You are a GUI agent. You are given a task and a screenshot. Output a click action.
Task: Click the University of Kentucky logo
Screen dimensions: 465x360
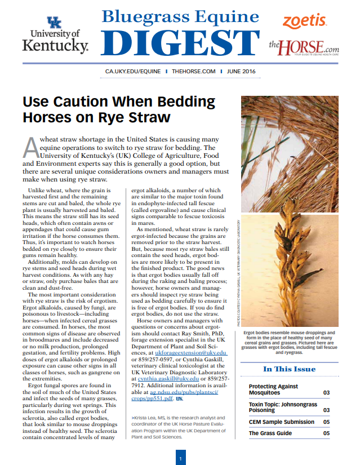click(x=55, y=34)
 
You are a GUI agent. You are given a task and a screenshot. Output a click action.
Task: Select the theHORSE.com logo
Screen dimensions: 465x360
click(x=304, y=46)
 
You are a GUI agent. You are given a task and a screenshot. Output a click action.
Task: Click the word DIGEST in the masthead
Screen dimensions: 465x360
click(x=180, y=43)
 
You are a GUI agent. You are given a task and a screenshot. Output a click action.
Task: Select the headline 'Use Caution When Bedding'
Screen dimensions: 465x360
click(x=118, y=103)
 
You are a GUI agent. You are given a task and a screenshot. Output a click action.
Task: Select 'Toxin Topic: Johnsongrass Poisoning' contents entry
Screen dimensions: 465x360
click(x=283, y=408)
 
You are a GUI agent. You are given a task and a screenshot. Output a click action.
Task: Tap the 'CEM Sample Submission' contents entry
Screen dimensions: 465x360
click(x=282, y=422)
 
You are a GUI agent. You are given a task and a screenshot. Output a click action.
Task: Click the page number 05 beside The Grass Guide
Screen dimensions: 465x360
click(x=326, y=433)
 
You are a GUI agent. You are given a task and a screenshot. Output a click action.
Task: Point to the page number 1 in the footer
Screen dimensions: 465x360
click(x=180, y=459)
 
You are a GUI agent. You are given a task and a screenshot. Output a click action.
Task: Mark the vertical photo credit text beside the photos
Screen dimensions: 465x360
click(x=240, y=270)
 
